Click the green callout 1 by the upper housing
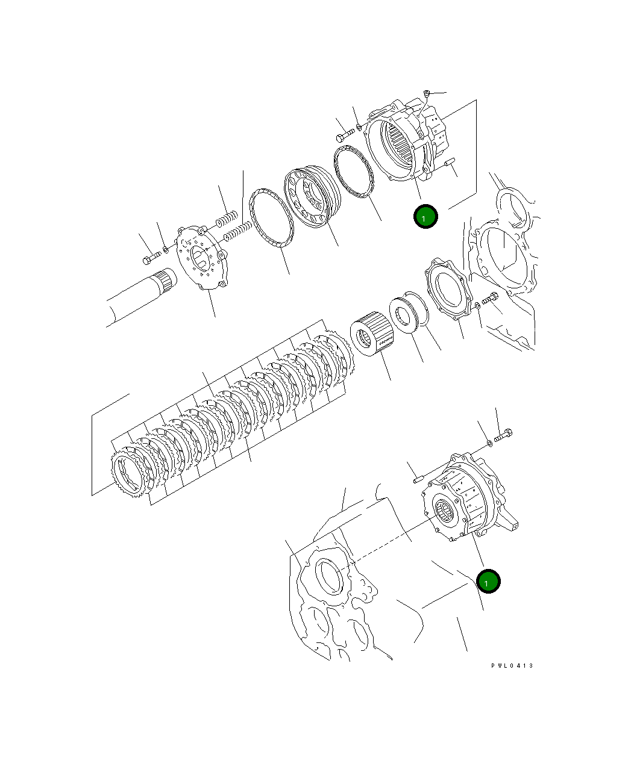425,217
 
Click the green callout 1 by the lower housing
488,582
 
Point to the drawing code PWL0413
512,665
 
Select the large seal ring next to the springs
271,219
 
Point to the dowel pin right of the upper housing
449,163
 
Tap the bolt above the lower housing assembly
503,434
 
